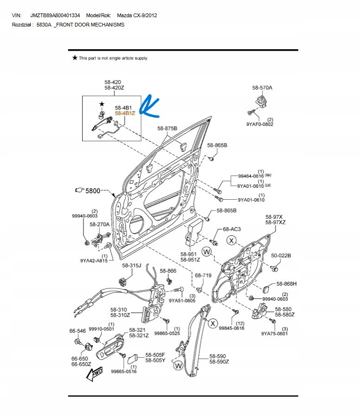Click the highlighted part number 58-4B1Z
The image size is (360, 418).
pyautogui.click(x=125, y=113)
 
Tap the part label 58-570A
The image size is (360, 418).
pyautogui.click(x=262, y=87)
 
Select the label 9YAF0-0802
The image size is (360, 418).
pyautogui.click(x=260, y=124)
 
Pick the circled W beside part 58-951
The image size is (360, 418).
pyautogui.click(x=206, y=252)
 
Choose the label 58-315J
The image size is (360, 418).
pyautogui.click(x=131, y=265)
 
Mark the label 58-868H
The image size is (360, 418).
pyautogui.click(x=286, y=284)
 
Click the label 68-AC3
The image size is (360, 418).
pyautogui.click(x=232, y=229)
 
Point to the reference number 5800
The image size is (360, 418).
pyautogui.click(x=93, y=190)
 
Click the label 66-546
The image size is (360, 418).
pyautogui.click(x=77, y=331)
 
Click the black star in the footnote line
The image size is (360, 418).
pyautogui.click(x=75, y=58)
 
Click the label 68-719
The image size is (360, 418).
pyautogui.click(x=203, y=275)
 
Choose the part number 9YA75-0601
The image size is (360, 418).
pyautogui.click(x=274, y=333)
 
